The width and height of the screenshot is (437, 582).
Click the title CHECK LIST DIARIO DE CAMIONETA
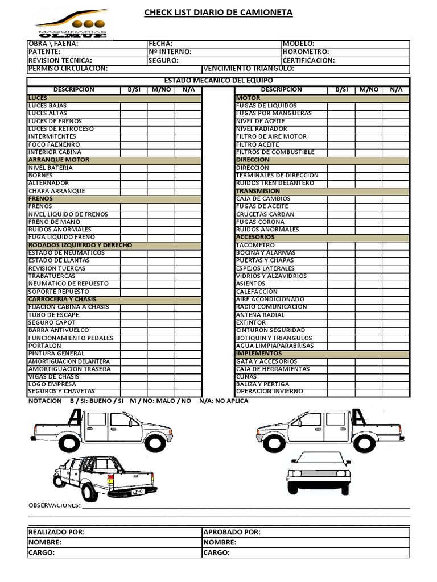[x=218, y=13]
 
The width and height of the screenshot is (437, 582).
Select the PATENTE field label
[x=44, y=52]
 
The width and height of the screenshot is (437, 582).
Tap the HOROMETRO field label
[x=306, y=52]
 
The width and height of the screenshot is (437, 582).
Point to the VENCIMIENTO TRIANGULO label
[x=249, y=69]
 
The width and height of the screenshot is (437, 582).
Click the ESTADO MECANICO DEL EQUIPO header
[x=218, y=81]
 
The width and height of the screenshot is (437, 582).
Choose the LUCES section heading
[x=38, y=98]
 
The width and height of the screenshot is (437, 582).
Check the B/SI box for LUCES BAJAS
[x=134, y=106]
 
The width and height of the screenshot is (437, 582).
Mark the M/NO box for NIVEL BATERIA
[x=161, y=168]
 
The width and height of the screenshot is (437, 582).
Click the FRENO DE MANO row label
[x=55, y=222]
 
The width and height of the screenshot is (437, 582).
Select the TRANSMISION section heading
[x=258, y=191]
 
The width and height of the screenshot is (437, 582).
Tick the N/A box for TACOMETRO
[x=395, y=245]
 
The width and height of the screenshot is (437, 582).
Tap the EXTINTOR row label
[x=251, y=322]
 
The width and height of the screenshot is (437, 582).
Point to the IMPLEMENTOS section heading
[x=259, y=354]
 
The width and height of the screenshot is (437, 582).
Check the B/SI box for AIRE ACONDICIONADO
[x=341, y=299]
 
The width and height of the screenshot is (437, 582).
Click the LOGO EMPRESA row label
[x=52, y=384]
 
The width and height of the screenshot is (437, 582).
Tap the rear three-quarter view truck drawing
[x=105, y=477]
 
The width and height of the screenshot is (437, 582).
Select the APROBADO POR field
[x=232, y=532]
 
